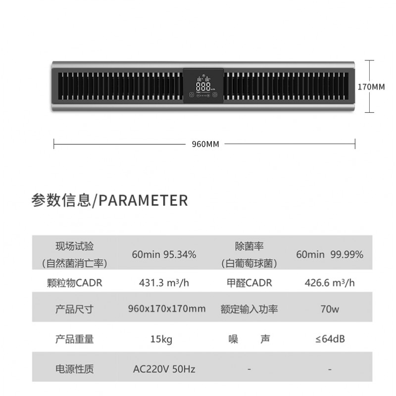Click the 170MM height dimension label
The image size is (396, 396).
pyautogui.click(x=371, y=87)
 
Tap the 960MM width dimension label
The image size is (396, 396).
pyautogui.click(x=205, y=144)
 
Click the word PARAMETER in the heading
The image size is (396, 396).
pyautogui.click(x=143, y=200)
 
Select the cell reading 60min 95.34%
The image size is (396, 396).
pyautogui.click(x=164, y=254)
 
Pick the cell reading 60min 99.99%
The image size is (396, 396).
pyautogui.click(x=330, y=254)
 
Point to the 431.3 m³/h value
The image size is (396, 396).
pyautogui.click(x=164, y=283)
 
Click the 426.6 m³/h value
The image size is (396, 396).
pyautogui.click(x=330, y=283)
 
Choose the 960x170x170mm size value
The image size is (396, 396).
pyautogui.click(x=167, y=308)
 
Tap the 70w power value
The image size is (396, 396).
pyautogui.click(x=330, y=309)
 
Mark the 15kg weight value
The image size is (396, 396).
pyautogui.click(x=161, y=339)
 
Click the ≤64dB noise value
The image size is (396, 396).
pyautogui.click(x=330, y=339)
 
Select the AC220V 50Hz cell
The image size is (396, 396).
pyautogui.click(x=164, y=369)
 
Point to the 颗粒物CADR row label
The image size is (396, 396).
pyautogui.click(x=75, y=283)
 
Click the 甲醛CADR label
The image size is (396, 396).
pyautogui.click(x=249, y=283)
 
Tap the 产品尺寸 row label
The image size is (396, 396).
pyautogui.click(x=74, y=309)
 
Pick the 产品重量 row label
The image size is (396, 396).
pyautogui.click(x=74, y=339)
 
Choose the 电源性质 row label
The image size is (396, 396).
pyautogui.click(x=74, y=369)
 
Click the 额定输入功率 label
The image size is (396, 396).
pyautogui.click(x=249, y=309)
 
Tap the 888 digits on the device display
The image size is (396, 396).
pyautogui.click(x=203, y=87)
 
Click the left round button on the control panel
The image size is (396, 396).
pyautogui.click(x=192, y=95)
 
